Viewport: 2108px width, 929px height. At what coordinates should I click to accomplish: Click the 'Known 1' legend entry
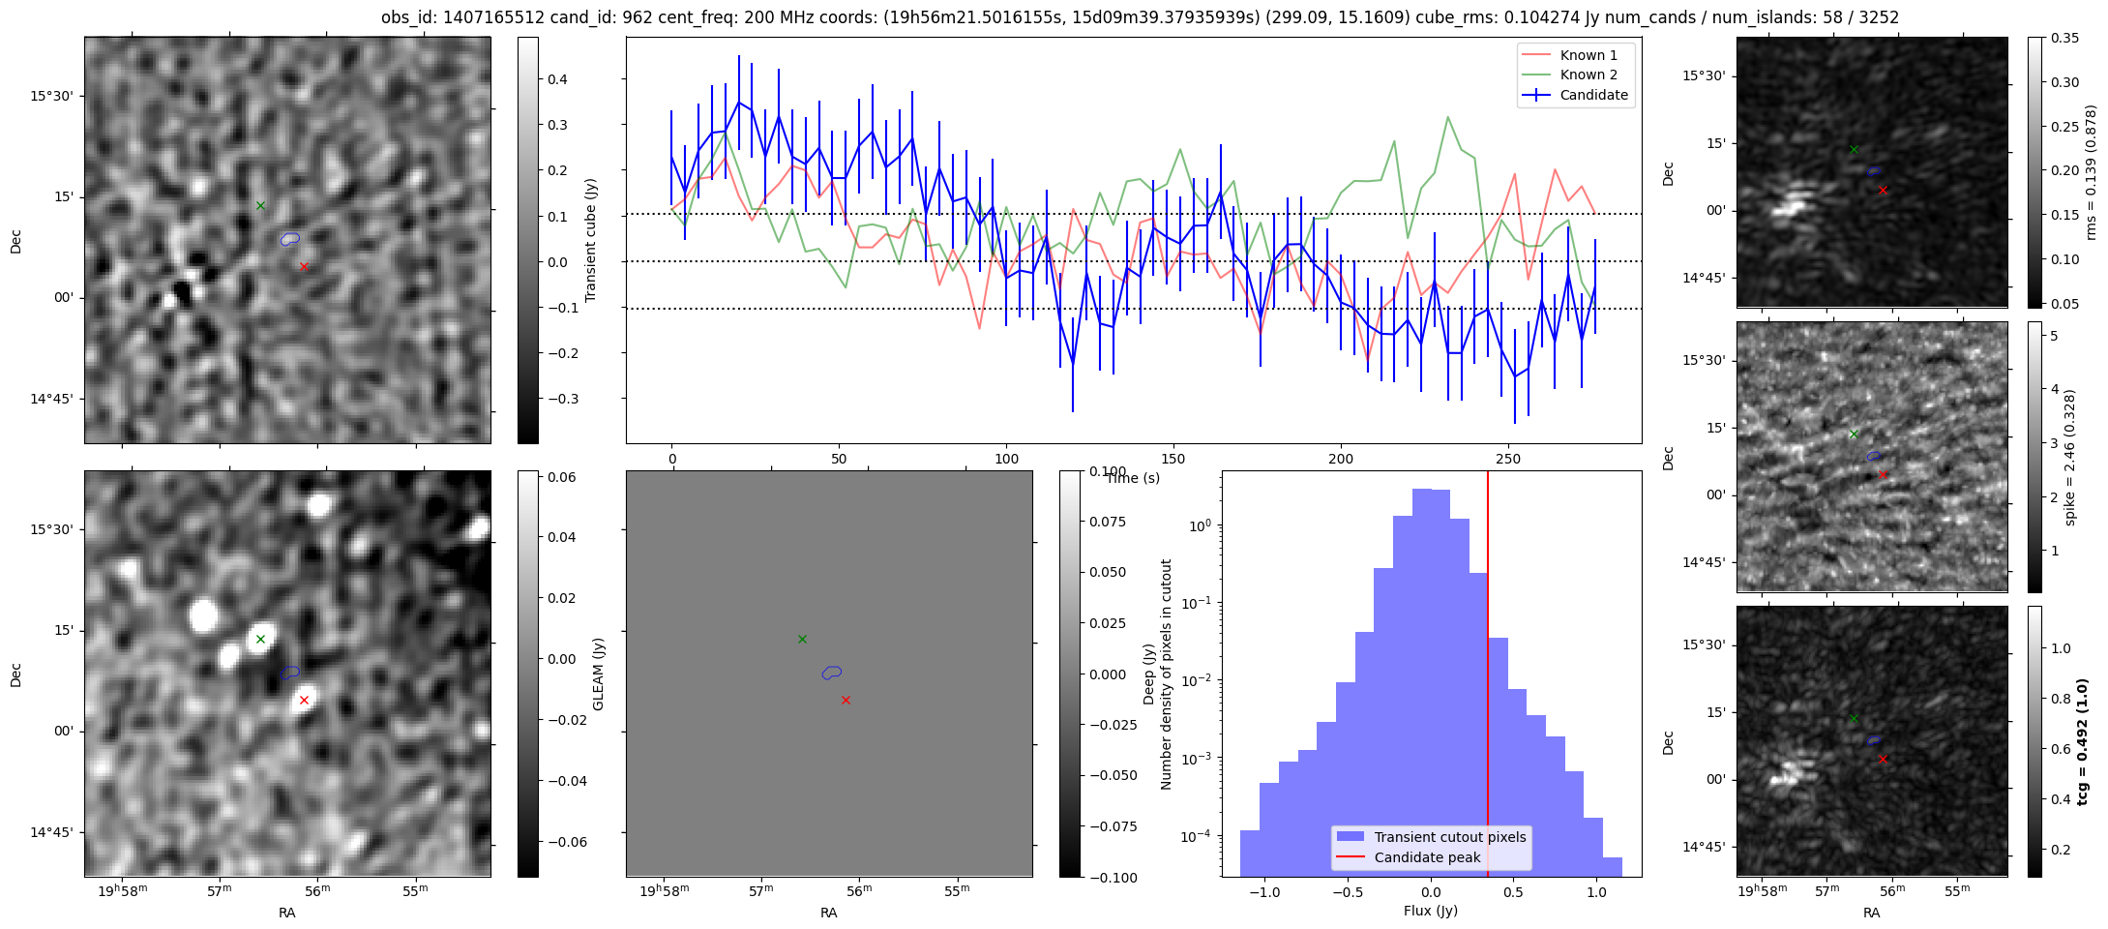[1588, 55]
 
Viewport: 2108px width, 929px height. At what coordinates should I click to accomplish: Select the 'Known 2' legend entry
[1588, 75]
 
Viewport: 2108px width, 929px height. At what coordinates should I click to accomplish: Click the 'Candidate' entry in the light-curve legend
[1593, 95]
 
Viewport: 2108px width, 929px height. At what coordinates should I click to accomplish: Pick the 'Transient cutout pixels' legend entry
[1449, 837]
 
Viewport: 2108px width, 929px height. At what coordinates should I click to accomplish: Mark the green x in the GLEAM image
[260, 639]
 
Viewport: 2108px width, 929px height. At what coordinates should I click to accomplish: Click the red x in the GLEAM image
[304, 700]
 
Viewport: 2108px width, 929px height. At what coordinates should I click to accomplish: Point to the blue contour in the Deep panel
[832, 672]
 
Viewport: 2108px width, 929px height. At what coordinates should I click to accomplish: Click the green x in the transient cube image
[260, 205]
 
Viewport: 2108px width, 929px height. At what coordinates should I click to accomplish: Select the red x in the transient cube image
[304, 266]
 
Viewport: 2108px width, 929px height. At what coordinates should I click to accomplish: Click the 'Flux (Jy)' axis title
[1430, 911]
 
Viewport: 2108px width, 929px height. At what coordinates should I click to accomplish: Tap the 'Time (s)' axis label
[1133, 478]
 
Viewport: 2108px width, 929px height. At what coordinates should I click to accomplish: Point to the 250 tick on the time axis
[1507, 459]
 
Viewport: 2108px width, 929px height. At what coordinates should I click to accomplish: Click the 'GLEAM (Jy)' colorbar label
[598, 674]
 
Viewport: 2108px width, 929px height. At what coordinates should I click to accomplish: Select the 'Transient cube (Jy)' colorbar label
[591, 240]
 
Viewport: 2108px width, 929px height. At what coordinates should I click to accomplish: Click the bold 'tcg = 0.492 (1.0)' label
[2084, 741]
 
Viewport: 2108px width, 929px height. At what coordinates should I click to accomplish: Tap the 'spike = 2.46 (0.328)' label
[2070, 458]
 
